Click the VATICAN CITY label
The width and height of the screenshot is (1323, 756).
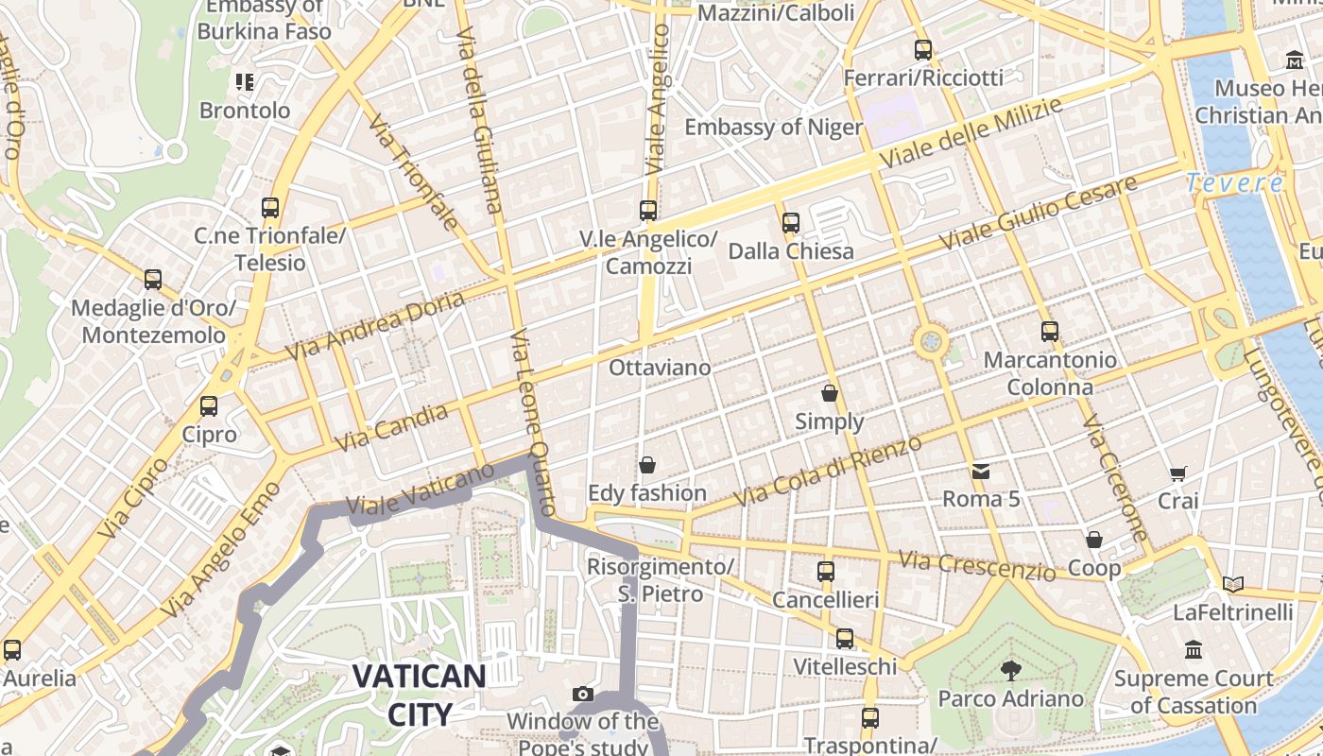pos(419,694)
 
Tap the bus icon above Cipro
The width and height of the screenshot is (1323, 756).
pos(209,406)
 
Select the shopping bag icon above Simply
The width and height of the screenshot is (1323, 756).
pos(829,393)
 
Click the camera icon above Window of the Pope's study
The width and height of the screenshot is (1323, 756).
pos(583,695)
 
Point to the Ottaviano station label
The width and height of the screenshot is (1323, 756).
pos(660,367)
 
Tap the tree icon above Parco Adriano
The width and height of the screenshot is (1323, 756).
pos(1010,671)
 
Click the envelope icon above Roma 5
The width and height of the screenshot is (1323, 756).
pos(980,471)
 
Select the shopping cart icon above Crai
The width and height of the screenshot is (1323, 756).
pos(1177,473)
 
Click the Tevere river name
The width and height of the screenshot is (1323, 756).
pos(1234,183)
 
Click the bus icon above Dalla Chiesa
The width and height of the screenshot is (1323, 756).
pos(791,223)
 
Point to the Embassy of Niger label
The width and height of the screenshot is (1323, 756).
pos(773,127)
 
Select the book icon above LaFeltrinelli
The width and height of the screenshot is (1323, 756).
pos(1231,584)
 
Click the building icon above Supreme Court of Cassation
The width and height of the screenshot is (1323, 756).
pos(1194,650)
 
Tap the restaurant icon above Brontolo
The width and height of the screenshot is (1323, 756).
pos(245,82)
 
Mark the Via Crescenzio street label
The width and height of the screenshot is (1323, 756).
pos(976,565)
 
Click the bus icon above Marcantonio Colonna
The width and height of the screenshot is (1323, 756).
pos(1049,332)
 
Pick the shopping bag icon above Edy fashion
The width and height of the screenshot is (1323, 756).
pos(647,465)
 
